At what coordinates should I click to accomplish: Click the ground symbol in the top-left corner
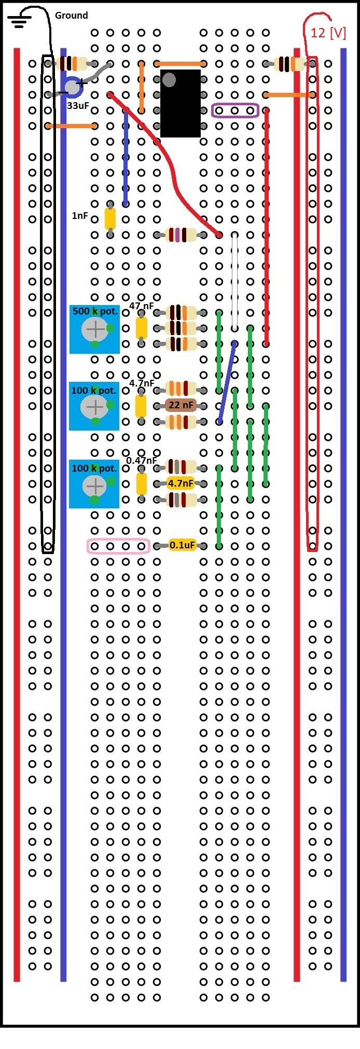(x=19, y=20)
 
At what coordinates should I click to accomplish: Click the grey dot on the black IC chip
(x=169, y=79)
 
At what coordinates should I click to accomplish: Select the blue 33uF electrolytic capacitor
(x=73, y=87)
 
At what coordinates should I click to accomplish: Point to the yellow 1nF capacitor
(x=110, y=218)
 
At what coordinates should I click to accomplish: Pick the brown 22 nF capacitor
(x=181, y=405)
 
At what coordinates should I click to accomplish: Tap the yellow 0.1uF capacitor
(x=182, y=545)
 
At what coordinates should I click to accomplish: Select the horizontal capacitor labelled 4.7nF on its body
(x=181, y=484)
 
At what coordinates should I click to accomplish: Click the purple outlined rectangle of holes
(x=235, y=111)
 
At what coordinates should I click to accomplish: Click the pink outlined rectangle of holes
(x=118, y=546)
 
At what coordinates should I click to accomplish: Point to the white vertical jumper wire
(x=235, y=280)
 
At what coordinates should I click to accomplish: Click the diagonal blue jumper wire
(x=227, y=382)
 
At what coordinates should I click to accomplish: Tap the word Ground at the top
(x=71, y=16)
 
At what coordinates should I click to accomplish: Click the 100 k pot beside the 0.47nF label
(x=94, y=484)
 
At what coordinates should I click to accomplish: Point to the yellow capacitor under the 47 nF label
(x=141, y=328)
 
